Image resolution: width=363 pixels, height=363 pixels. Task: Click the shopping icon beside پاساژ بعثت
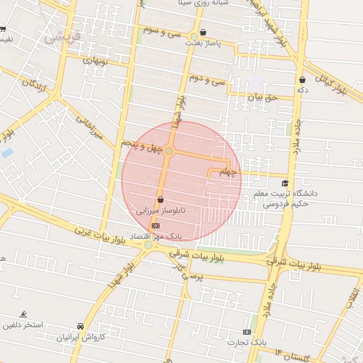pos(203,32)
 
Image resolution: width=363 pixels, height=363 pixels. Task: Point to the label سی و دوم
pos(207,82)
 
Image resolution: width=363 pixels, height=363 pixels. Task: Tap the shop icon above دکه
pos(302,79)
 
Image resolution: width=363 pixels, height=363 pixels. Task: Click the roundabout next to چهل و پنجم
pos(169,151)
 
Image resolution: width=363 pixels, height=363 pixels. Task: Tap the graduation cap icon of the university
pos(285,183)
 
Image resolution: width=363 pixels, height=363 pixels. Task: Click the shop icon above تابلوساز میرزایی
pos(161,200)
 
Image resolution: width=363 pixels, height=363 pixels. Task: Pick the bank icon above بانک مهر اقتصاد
pos(155,225)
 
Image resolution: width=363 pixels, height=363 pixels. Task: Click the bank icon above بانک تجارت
pos(247,332)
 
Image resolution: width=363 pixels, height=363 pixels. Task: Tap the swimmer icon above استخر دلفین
pos(24,313)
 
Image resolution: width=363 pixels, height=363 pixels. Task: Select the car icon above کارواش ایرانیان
pos(80,325)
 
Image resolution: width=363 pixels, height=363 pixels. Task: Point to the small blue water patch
pos(7,152)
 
